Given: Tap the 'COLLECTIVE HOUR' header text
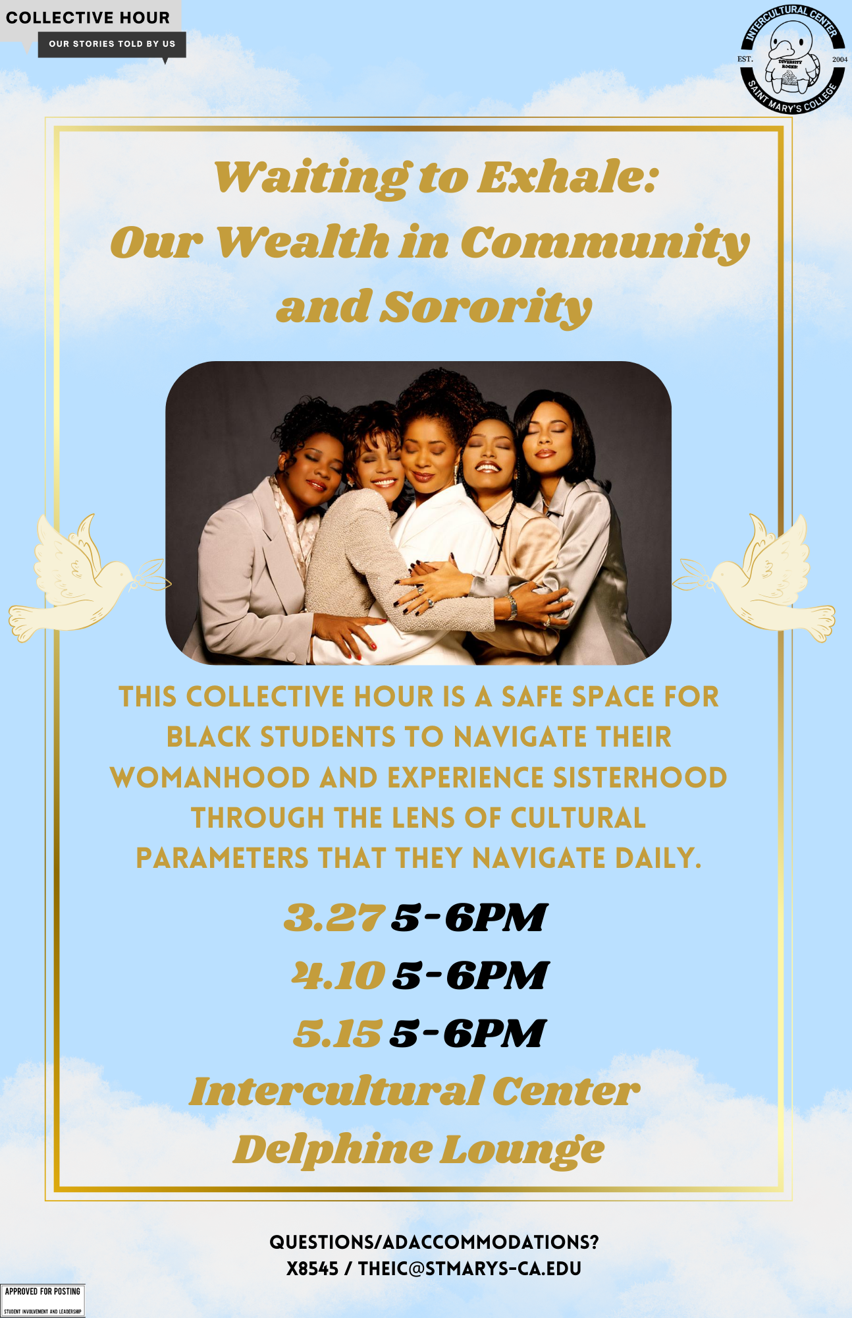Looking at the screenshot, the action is (x=88, y=18).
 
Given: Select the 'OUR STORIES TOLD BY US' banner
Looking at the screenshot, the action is (x=112, y=44).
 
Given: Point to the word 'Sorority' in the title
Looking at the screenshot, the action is (x=487, y=308).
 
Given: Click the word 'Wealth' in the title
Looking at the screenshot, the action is (x=302, y=242).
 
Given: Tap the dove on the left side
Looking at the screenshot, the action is (x=89, y=577).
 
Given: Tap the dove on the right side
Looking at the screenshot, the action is (x=754, y=577).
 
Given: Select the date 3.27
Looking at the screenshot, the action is (x=334, y=917).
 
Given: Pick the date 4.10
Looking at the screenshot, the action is (x=338, y=975).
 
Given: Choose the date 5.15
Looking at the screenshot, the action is (x=337, y=1033).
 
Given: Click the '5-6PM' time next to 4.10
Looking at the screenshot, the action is (x=470, y=975).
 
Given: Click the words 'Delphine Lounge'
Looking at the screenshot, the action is (x=419, y=1150).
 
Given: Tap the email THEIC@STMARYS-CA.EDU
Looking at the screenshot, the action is (x=469, y=1269).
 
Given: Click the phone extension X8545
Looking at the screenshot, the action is (x=312, y=1269).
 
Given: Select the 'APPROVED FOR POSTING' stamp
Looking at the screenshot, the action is (x=43, y=1300).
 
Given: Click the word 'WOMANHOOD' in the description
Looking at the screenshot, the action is (x=210, y=778).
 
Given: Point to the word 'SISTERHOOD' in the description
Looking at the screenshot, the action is (x=640, y=778).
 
